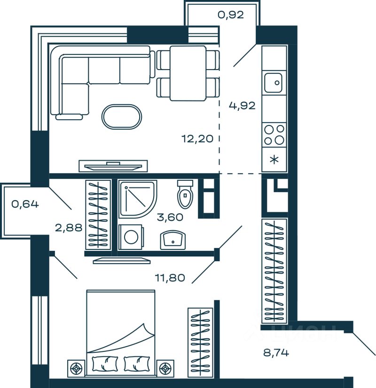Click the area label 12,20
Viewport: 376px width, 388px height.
(197, 139)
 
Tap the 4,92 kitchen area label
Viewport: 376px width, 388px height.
(242, 105)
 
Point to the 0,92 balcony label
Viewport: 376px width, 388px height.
(231, 15)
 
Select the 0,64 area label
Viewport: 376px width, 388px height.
(25, 204)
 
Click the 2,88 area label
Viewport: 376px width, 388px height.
(69, 228)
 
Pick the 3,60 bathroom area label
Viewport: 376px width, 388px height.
(169, 217)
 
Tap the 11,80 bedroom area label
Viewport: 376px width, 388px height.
(170, 278)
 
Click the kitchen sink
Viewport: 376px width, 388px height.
(274, 83)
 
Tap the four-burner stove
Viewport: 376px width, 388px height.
(274, 134)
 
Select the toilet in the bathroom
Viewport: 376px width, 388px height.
(185, 194)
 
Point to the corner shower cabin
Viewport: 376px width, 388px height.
(137, 199)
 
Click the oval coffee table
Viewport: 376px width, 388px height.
(122, 116)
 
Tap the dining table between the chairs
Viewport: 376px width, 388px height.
(188, 73)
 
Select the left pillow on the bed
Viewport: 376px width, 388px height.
(105, 363)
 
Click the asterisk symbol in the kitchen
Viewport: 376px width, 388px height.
(274, 160)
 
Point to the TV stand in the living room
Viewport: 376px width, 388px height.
(113, 166)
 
